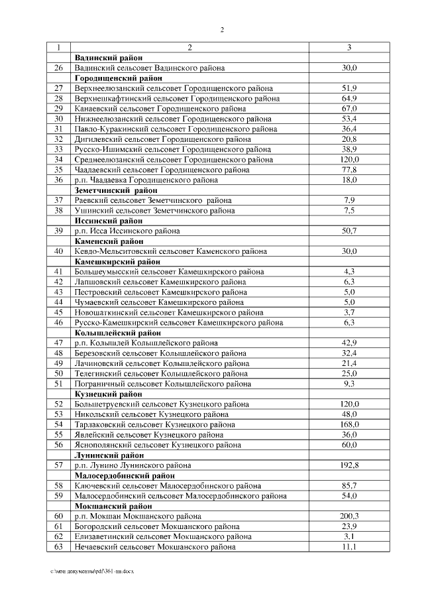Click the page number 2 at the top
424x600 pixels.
[223, 30]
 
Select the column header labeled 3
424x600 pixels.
[349, 48]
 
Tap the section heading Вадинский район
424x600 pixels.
[109, 58]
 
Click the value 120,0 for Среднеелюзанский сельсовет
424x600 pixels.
[349, 159]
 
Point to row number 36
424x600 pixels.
[58, 180]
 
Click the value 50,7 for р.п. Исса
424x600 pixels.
[349, 231]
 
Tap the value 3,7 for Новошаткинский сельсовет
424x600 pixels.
[349, 312]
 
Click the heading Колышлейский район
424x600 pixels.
[118, 332]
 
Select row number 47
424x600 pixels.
[58, 343]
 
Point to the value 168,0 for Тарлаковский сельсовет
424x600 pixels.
[349, 424]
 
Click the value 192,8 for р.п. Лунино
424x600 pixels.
[349, 465]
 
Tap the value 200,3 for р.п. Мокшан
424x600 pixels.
[349, 516]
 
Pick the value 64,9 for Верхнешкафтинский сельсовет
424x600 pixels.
[349, 98]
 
